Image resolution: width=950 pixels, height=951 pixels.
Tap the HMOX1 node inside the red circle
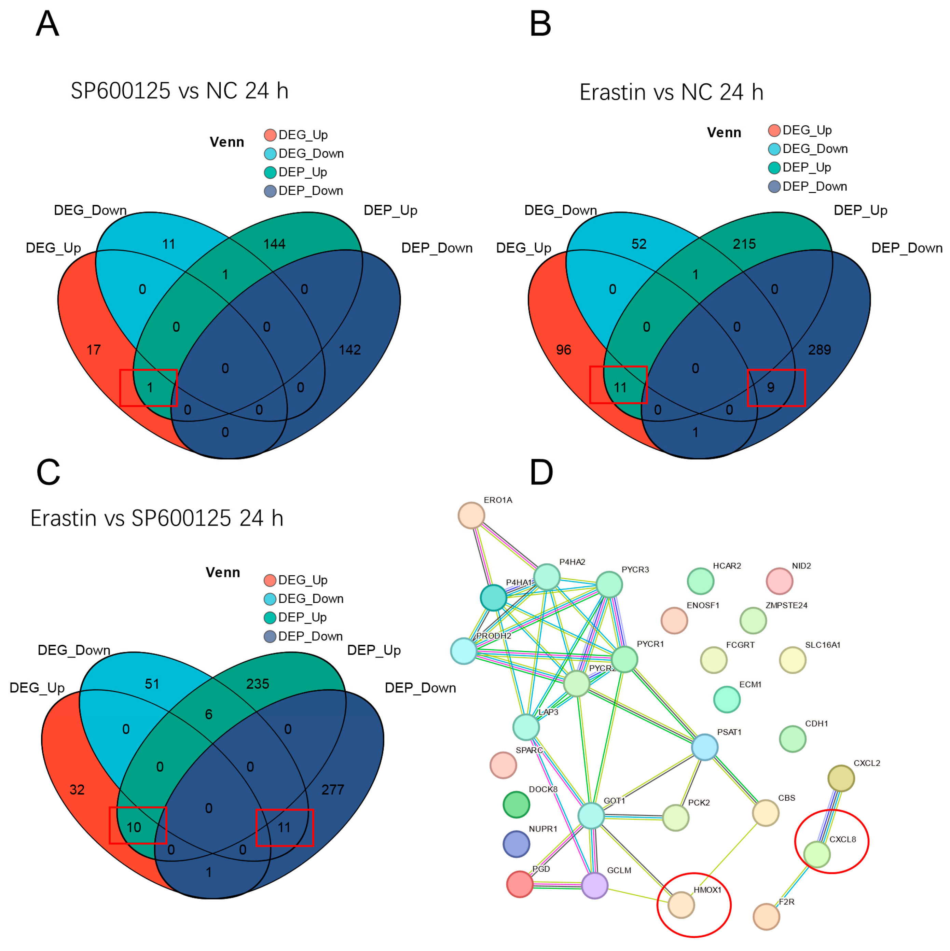(x=681, y=905)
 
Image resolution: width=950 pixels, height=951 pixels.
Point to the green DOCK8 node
(x=516, y=804)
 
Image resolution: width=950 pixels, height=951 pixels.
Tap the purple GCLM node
(x=595, y=885)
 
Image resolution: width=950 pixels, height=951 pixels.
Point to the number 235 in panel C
(x=258, y=684)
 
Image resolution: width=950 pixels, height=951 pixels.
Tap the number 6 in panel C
(x=209, y=714)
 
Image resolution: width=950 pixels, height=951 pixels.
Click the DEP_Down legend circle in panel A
(x=270, y=191)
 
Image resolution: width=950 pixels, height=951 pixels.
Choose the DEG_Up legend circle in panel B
(x=774, y=130)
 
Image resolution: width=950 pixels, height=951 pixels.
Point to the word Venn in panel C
(x=222, y=573)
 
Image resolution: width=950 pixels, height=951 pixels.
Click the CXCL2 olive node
(x=841, y=778)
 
